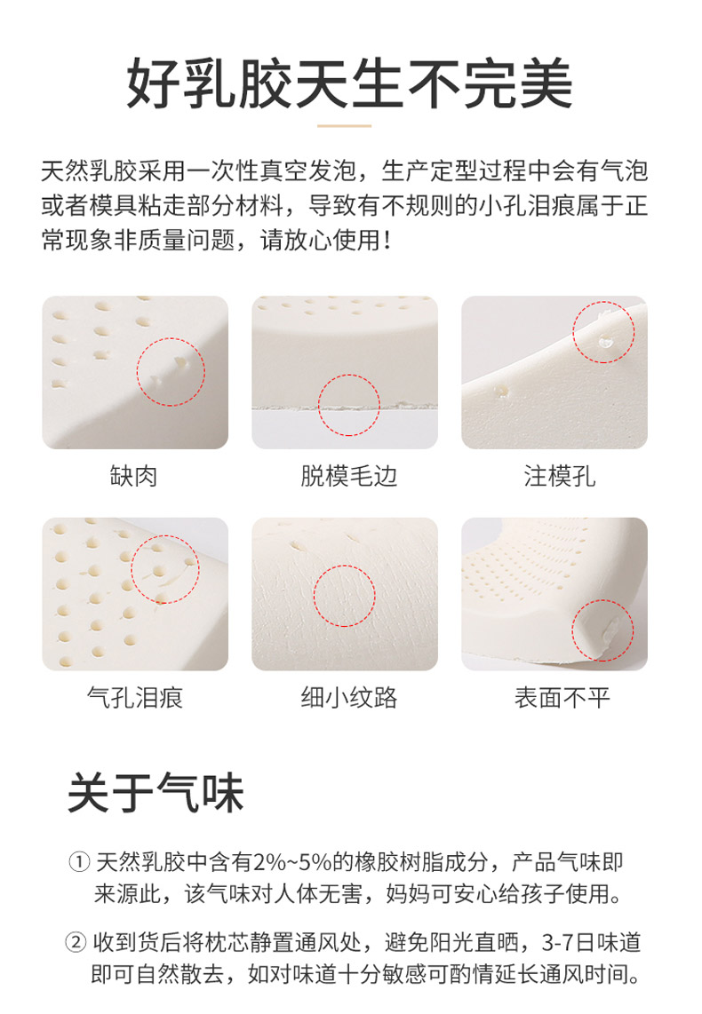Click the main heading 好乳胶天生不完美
point(349,83)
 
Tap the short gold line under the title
point(345,126)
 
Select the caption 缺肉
point(134,476)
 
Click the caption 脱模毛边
point(348,476)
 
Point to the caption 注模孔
point(560,476)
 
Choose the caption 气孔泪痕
point(135,698)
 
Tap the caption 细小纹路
point(348,698)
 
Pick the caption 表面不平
point(562,698)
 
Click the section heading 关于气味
point(156,793)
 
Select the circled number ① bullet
point(79,862)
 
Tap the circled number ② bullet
point(76,942)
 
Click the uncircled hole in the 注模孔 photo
point(501,392)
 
